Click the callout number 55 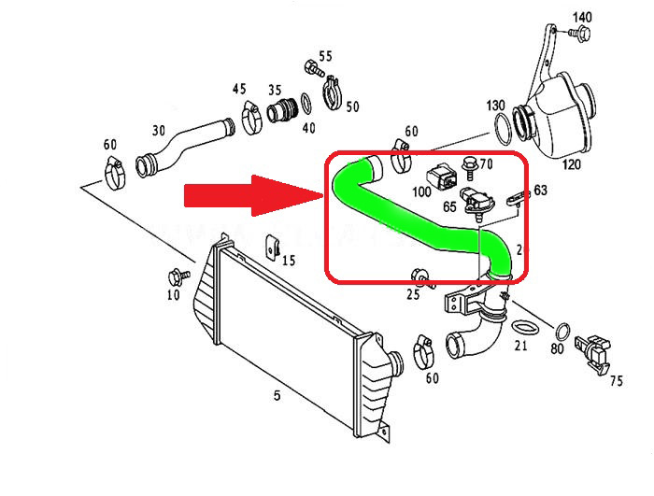[325, 57]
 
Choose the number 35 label [275, 91]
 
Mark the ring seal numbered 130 [504, 124]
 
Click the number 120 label [572, 165]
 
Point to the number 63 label [540, 191]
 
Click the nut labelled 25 [420, 276]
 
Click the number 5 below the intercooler [277, 396]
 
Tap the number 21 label [521, 347]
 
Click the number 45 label [240, 90]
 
